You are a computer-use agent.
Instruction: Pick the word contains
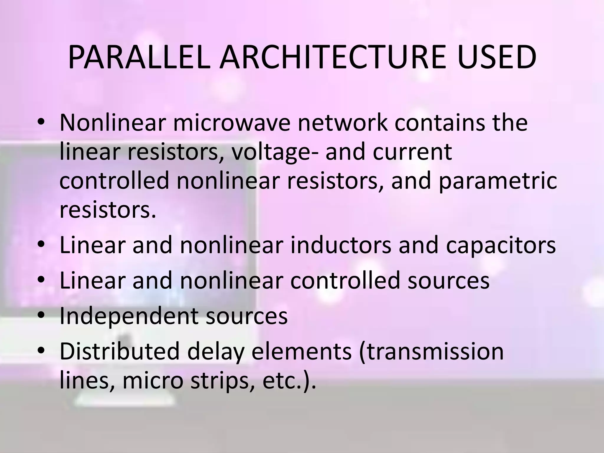(435, 123)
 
